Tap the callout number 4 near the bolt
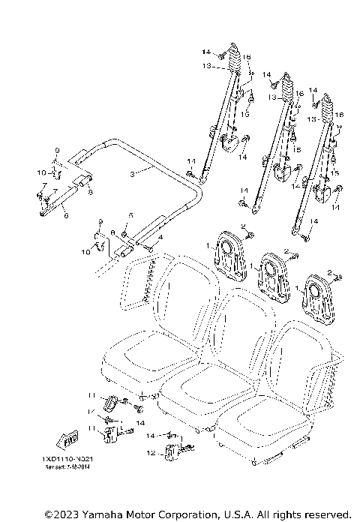click(159, 237)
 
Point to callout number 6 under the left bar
click(66, 215)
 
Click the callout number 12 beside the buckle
click(151, 452)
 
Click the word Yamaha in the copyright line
click(105, 514)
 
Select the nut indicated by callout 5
click(124, 226)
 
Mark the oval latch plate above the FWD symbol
click(111, 403)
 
